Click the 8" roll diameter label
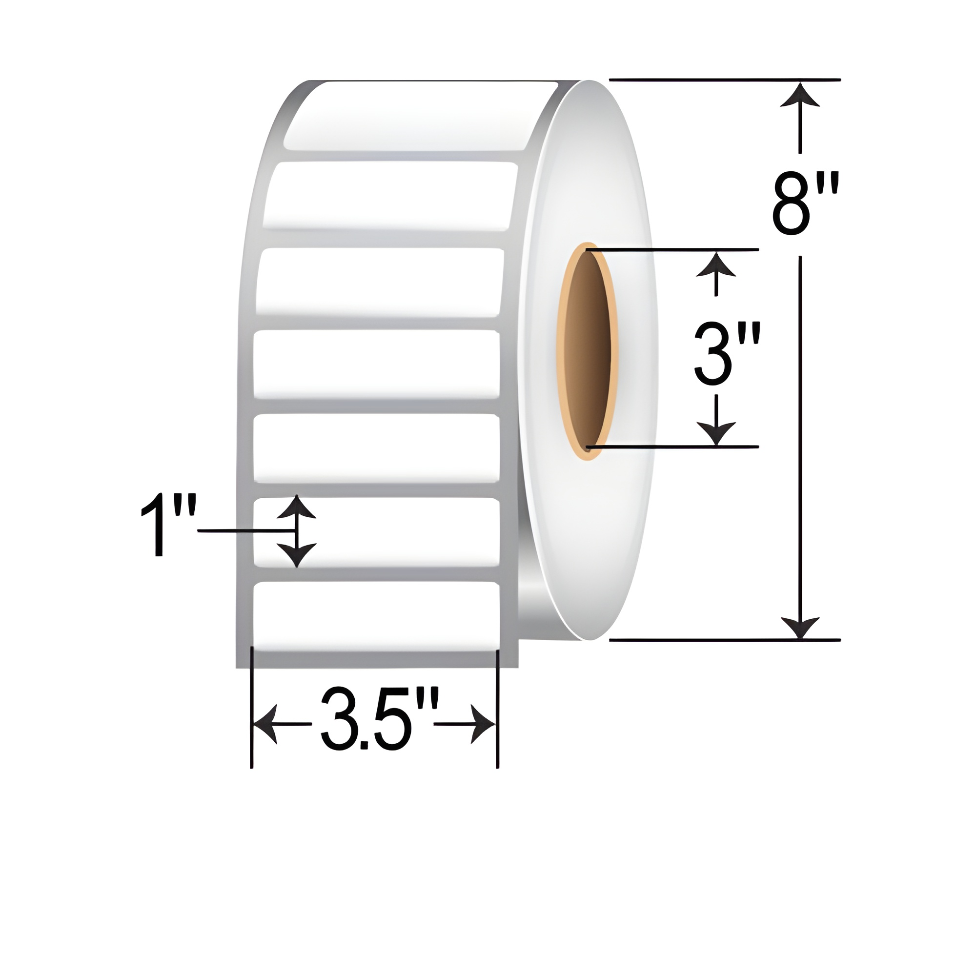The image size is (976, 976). (804, 204)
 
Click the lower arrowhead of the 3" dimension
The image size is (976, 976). (715, 433)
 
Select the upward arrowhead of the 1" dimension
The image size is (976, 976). (297, 507)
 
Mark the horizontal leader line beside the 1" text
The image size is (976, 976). (245, 530)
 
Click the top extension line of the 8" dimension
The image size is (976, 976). (726, 80)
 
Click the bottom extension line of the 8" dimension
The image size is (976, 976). (726, 640)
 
